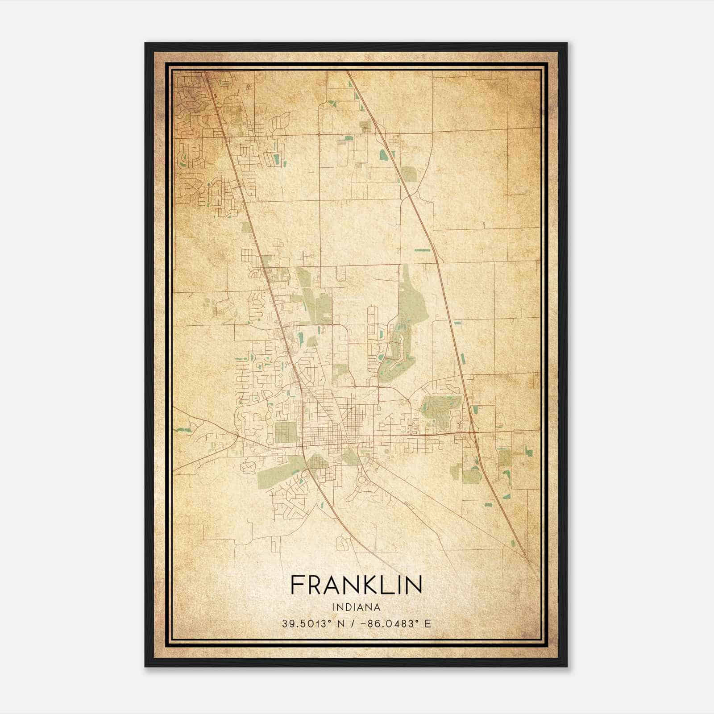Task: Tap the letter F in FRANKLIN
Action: click(296, 585)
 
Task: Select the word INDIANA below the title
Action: click(356, 607)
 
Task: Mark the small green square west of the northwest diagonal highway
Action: click(246, 228)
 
